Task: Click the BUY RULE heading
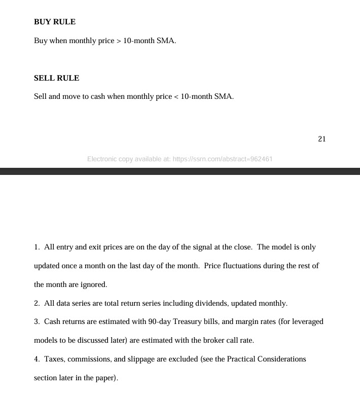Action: coord(55,22)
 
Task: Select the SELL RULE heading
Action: coord(57,78)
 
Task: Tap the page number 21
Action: coord(321,139)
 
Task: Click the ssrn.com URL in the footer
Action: coord(223,159)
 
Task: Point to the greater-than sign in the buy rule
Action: coord(119,41)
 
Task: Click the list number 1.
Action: coord(37,247)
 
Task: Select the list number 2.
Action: coord(37,303)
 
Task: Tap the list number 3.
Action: coord(37,321)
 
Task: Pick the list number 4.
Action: coord(37,359)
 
